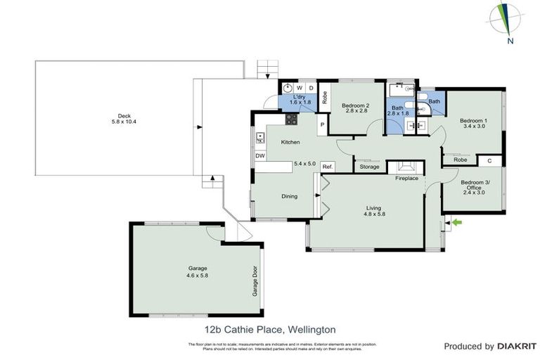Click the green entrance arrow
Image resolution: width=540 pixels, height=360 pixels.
click(x=458, y=223)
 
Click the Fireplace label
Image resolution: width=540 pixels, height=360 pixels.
click(x=406, y=179)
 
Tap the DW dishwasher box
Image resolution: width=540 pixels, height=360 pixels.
click(x=259, y=156)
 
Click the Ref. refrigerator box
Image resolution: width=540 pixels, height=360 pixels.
click(x=327, y=167)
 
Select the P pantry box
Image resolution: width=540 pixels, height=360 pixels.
click(x=321, y=125)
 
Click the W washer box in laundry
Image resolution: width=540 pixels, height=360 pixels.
click(x=299, y=87)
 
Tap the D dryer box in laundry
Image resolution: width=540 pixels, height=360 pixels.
click(x=311, y=87)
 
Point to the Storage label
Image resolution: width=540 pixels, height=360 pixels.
click(x=369, y=167)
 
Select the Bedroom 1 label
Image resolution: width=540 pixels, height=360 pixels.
click(x=473, y=124)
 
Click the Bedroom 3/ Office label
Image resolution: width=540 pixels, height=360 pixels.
click(x=473, y=186)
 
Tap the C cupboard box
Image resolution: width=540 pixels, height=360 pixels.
click(x=489, y=161)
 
